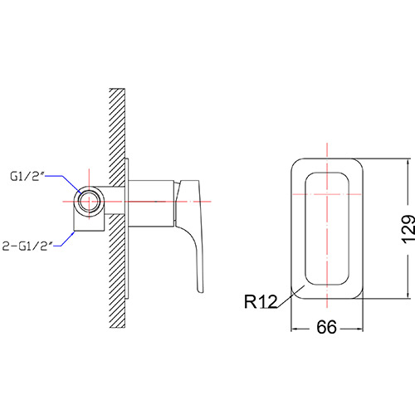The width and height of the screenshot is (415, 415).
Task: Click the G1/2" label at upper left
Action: point(27,176)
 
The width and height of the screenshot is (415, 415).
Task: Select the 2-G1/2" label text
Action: point(27,246)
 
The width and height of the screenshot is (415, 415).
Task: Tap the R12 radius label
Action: point(261,301)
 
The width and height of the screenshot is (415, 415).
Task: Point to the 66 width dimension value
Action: point(326,327)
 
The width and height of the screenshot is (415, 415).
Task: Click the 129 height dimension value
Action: point(408,229)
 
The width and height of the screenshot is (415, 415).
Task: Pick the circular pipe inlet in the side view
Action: point(89,202)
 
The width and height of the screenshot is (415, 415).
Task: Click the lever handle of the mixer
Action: point(190,235)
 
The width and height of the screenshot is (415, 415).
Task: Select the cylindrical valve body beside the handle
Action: point(151,203)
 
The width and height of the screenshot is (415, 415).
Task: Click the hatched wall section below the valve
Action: point(117,271)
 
